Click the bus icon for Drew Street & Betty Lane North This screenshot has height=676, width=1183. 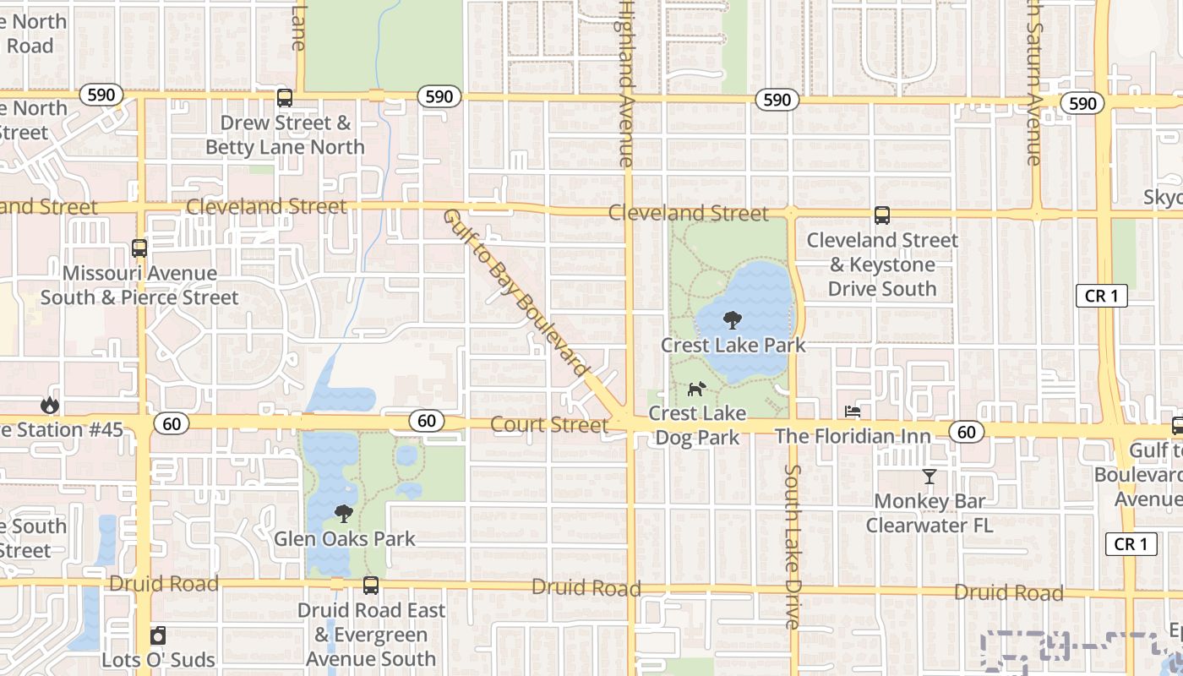(x=285, y=98)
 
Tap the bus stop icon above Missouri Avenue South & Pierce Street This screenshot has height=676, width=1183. (x=139, y=248)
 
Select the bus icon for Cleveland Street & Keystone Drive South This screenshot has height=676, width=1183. (x=882, y=215)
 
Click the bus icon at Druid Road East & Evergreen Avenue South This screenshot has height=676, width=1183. (x=370, y=585)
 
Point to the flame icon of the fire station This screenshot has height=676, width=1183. (x=50, y=406)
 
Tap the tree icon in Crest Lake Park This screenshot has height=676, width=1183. (x=733, y=320)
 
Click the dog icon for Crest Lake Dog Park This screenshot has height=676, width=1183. (x=696, y=389)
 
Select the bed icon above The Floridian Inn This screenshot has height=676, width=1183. (x=853, y=412)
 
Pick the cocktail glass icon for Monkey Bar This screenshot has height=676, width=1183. (x=929, y=477)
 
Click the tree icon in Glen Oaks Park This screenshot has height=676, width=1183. (x=343, y=514)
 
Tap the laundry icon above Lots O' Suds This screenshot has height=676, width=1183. (x=158, y=635)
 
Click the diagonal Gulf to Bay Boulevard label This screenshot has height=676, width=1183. (x=515, y=292)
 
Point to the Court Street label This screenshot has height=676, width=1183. (x=549, y=425)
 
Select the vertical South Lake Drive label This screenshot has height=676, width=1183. (x=792, y=546)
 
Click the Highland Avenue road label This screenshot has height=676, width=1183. (x=625, y=84)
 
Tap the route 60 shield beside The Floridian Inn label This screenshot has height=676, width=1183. (x=966, y=433)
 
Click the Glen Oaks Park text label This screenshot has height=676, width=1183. (x=345, y=538)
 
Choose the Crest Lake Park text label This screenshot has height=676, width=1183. (x=733, y=345)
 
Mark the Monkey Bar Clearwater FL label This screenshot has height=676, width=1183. (x=929, y=513)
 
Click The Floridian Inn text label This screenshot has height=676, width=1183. (x=853, y=436)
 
